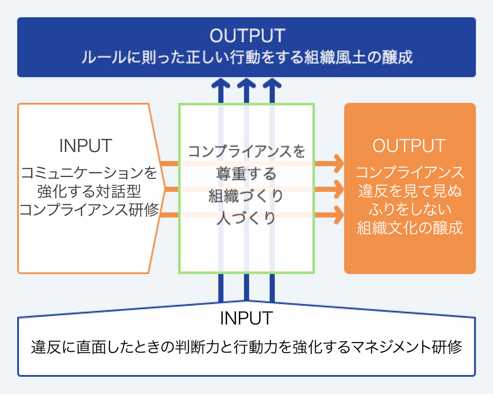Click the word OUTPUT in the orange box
point(409,145)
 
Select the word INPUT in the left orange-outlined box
point(86,145)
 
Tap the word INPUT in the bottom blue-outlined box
point(246,318)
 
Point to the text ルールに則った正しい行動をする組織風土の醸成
point(246,57)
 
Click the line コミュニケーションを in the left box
point(89,172)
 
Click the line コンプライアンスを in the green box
point(246,151)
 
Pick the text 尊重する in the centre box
point(246,174)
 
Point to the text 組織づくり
point(246,196)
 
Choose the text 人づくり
point(246,219)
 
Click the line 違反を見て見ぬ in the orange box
point(410,191)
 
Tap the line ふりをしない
point(410,210)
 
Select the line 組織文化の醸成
point(410,228)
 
